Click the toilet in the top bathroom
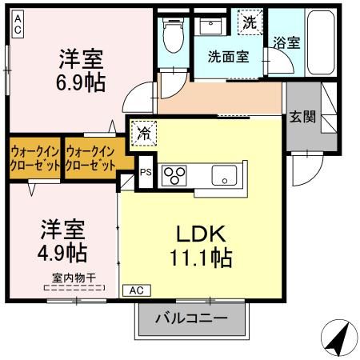pos(171,34)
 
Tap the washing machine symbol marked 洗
pos(250,23)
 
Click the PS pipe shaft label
pos(145,171)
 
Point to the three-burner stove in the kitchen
pos(174,174)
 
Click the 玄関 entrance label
pos(302,117)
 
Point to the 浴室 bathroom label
pos(286,42)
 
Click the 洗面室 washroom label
pos(229,57)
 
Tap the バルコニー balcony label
pos(191,318)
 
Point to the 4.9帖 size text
pos(64,252)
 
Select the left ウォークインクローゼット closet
pos(34,155)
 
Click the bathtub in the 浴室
pos(322,44)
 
